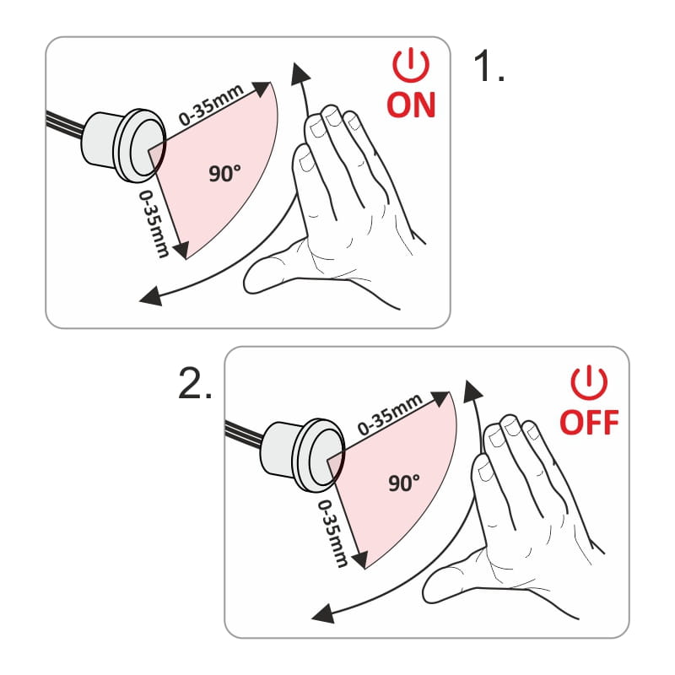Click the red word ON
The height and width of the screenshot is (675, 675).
(411, 105)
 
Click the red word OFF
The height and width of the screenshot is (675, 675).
(589, 423)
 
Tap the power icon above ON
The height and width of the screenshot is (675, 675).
(411, 66)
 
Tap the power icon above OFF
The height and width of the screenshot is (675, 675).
(589, 383)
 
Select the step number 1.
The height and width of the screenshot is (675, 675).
(489, 65)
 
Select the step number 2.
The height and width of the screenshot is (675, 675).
(195, 384)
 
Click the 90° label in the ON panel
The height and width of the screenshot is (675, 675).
(224, 173)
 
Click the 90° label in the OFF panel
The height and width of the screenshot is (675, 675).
(404, 483)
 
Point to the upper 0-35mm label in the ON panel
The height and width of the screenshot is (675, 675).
(212, 105)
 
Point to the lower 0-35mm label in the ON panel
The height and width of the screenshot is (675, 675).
(154, 224)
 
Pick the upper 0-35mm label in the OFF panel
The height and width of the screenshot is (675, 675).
(390, 414)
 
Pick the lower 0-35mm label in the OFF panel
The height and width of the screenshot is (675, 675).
(332, 533)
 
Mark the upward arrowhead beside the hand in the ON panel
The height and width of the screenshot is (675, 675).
(300, 73)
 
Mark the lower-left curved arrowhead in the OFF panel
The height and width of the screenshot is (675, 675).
(323, 613)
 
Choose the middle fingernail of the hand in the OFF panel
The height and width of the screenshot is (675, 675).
(512, 428)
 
